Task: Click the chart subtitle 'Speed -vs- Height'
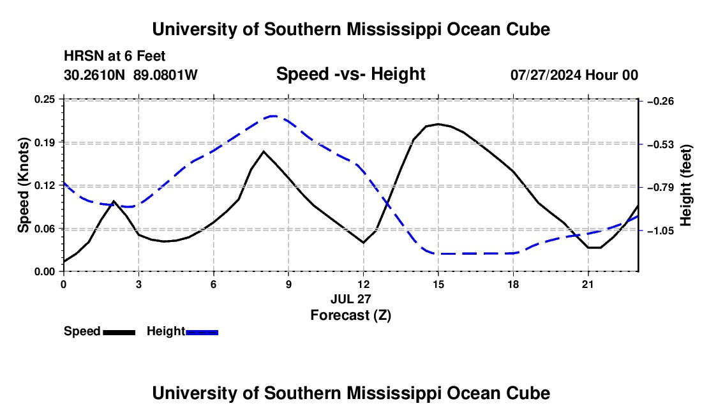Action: tap(350, 74)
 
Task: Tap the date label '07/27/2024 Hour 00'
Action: tap(574, 75)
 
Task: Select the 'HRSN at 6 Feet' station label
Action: tap(115, 56)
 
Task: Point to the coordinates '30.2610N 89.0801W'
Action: tap(131, 75)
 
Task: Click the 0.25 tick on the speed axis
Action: tap(44, 100)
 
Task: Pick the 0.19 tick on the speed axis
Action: tap(44, 143)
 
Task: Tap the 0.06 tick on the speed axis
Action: tap(44, 229)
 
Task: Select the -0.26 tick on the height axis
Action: tap(661, 102)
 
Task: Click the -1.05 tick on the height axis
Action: tap(661, 231)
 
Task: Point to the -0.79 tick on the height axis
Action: tap(661, 188)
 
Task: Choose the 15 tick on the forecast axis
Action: tap(438, 284)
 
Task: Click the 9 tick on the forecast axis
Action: tap(288, 284)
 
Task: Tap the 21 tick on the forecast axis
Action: tap(588, 284)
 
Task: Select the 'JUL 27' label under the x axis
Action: tap(351, 299)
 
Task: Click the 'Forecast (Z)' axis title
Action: tap(351, 315)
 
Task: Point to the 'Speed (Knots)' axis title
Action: tap(24, 185)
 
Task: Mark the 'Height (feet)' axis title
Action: tap(686, 185)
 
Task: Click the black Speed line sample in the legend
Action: tap(119, 333)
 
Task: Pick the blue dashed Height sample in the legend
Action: tap(202, 333)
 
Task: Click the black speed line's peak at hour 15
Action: tap(438, 124)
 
